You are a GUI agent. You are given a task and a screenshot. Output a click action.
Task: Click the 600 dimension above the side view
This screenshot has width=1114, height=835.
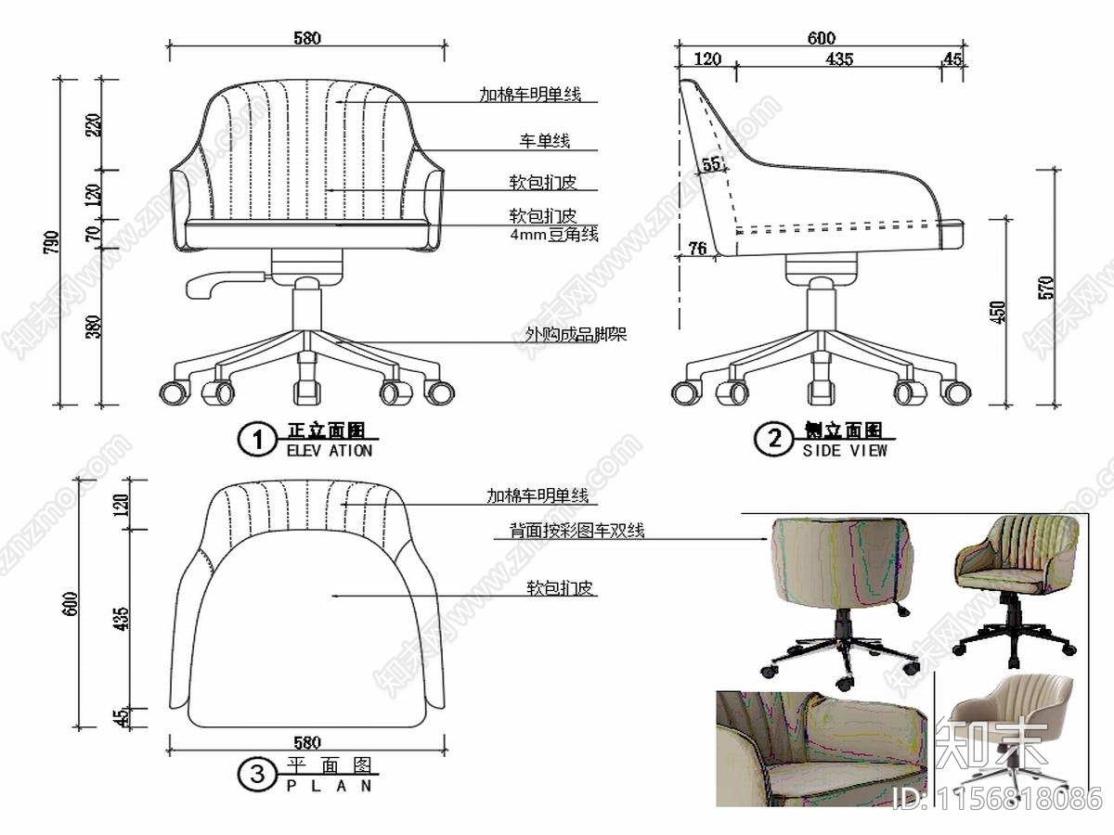(x=821, y=38)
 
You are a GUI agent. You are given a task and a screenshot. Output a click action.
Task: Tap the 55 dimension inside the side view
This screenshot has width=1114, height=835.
(x=712, y=164)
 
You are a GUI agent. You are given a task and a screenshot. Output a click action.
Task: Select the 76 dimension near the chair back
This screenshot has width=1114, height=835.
(x=697, y=248)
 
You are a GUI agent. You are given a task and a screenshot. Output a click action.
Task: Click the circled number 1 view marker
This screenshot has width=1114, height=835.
(x=257, y=440)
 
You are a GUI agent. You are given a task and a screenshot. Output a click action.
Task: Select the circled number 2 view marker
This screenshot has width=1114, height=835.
(x=772, y=438)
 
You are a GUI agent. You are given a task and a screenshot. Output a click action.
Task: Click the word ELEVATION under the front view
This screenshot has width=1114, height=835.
(x=329, y=451)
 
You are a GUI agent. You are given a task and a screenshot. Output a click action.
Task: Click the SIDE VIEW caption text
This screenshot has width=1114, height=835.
(x=845, y=450)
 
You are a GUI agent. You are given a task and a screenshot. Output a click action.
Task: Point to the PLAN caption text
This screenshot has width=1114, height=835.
(x=329, y=785)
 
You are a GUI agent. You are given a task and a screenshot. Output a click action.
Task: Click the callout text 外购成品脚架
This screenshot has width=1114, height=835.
(x=576, y=334)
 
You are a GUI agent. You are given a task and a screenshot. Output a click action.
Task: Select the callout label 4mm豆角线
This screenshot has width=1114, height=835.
(x=553, y=235)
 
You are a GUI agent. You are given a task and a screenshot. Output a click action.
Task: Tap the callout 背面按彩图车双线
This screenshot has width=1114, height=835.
(x=576, y=532)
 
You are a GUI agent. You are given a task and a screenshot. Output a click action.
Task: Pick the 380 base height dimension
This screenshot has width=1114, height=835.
(x=94, y=327)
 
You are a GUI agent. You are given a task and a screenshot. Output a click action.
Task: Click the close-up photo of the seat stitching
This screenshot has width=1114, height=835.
(x=821, y=748)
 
